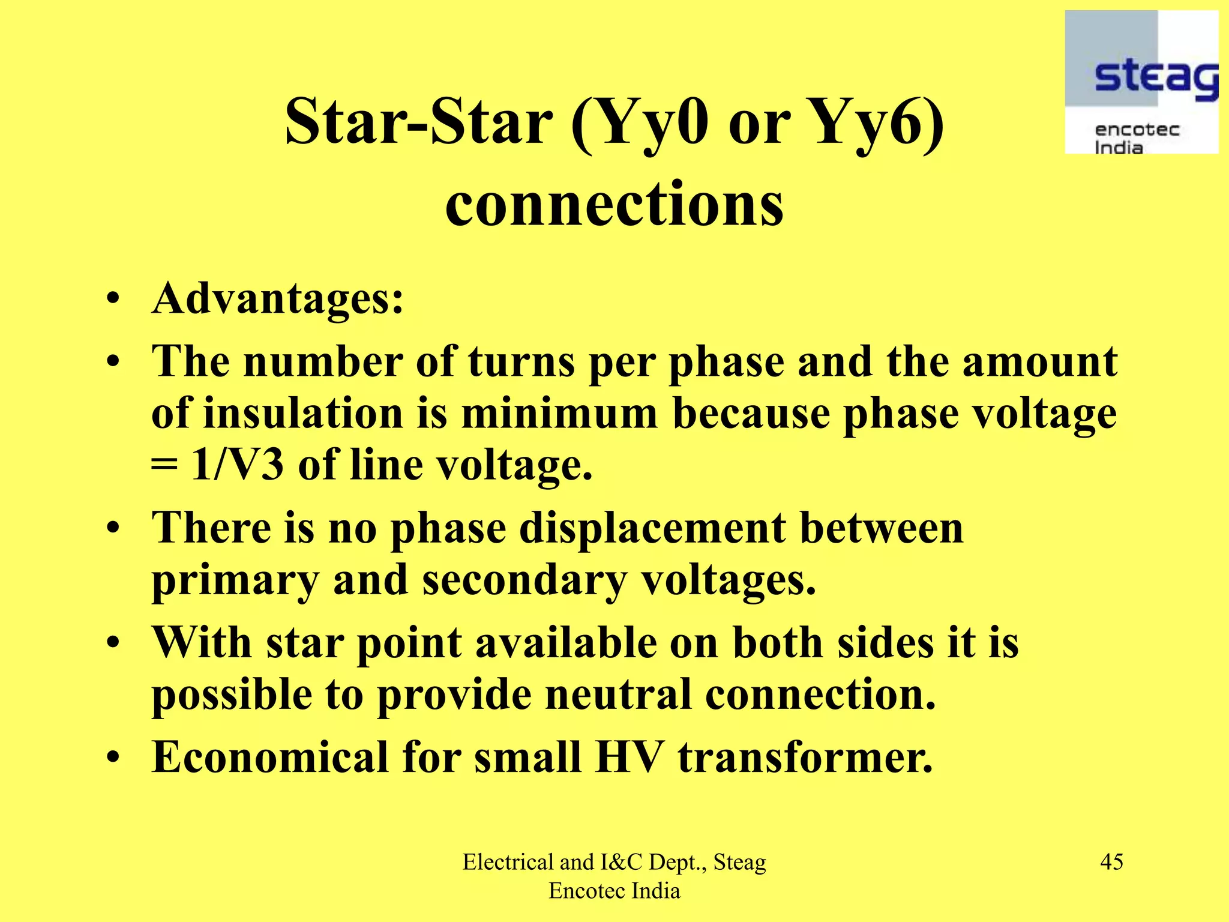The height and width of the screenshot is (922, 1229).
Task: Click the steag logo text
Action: pyautogui.click(x=1155, y=78)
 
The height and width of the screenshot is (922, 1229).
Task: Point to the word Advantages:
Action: pyautogui.click(x=278, y=298)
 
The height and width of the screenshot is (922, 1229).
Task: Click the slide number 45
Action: pyautogui.click(x=1111, y=862)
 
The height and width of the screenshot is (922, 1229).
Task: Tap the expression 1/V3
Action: pyautogui.click(x=236, y=465)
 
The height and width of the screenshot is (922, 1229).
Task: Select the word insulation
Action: pyautogui.click(x=303, y=414)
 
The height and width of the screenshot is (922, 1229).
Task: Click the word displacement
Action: pyautogui.click(x=652, y=528)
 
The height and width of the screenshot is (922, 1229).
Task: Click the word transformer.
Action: pyautogui.click(x=805, y=757)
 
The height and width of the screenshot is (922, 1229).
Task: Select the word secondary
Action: pyautogui.click(x=524, y=580)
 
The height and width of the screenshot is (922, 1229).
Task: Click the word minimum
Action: pyautogui.click(x=559, y=414)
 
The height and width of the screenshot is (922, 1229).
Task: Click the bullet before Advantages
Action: pyautogui.click(x=113, y=300)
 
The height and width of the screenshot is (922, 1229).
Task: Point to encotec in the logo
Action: pyautogui.click(x=1137, y=130)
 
